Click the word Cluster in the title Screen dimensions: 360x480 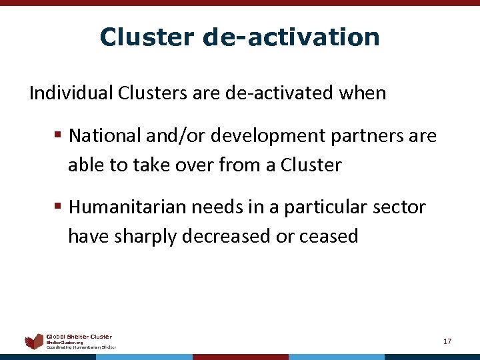[x=145, y=37]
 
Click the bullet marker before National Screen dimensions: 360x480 [x=59, y=136]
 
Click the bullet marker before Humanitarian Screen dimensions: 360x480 [x=59, y=207]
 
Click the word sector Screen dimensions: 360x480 [x=400, y=207]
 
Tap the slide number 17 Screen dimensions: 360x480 [x=447, y=341]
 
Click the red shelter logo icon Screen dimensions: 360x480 [x=34, y=342]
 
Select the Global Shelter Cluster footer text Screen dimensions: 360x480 [x=79, y=337]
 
